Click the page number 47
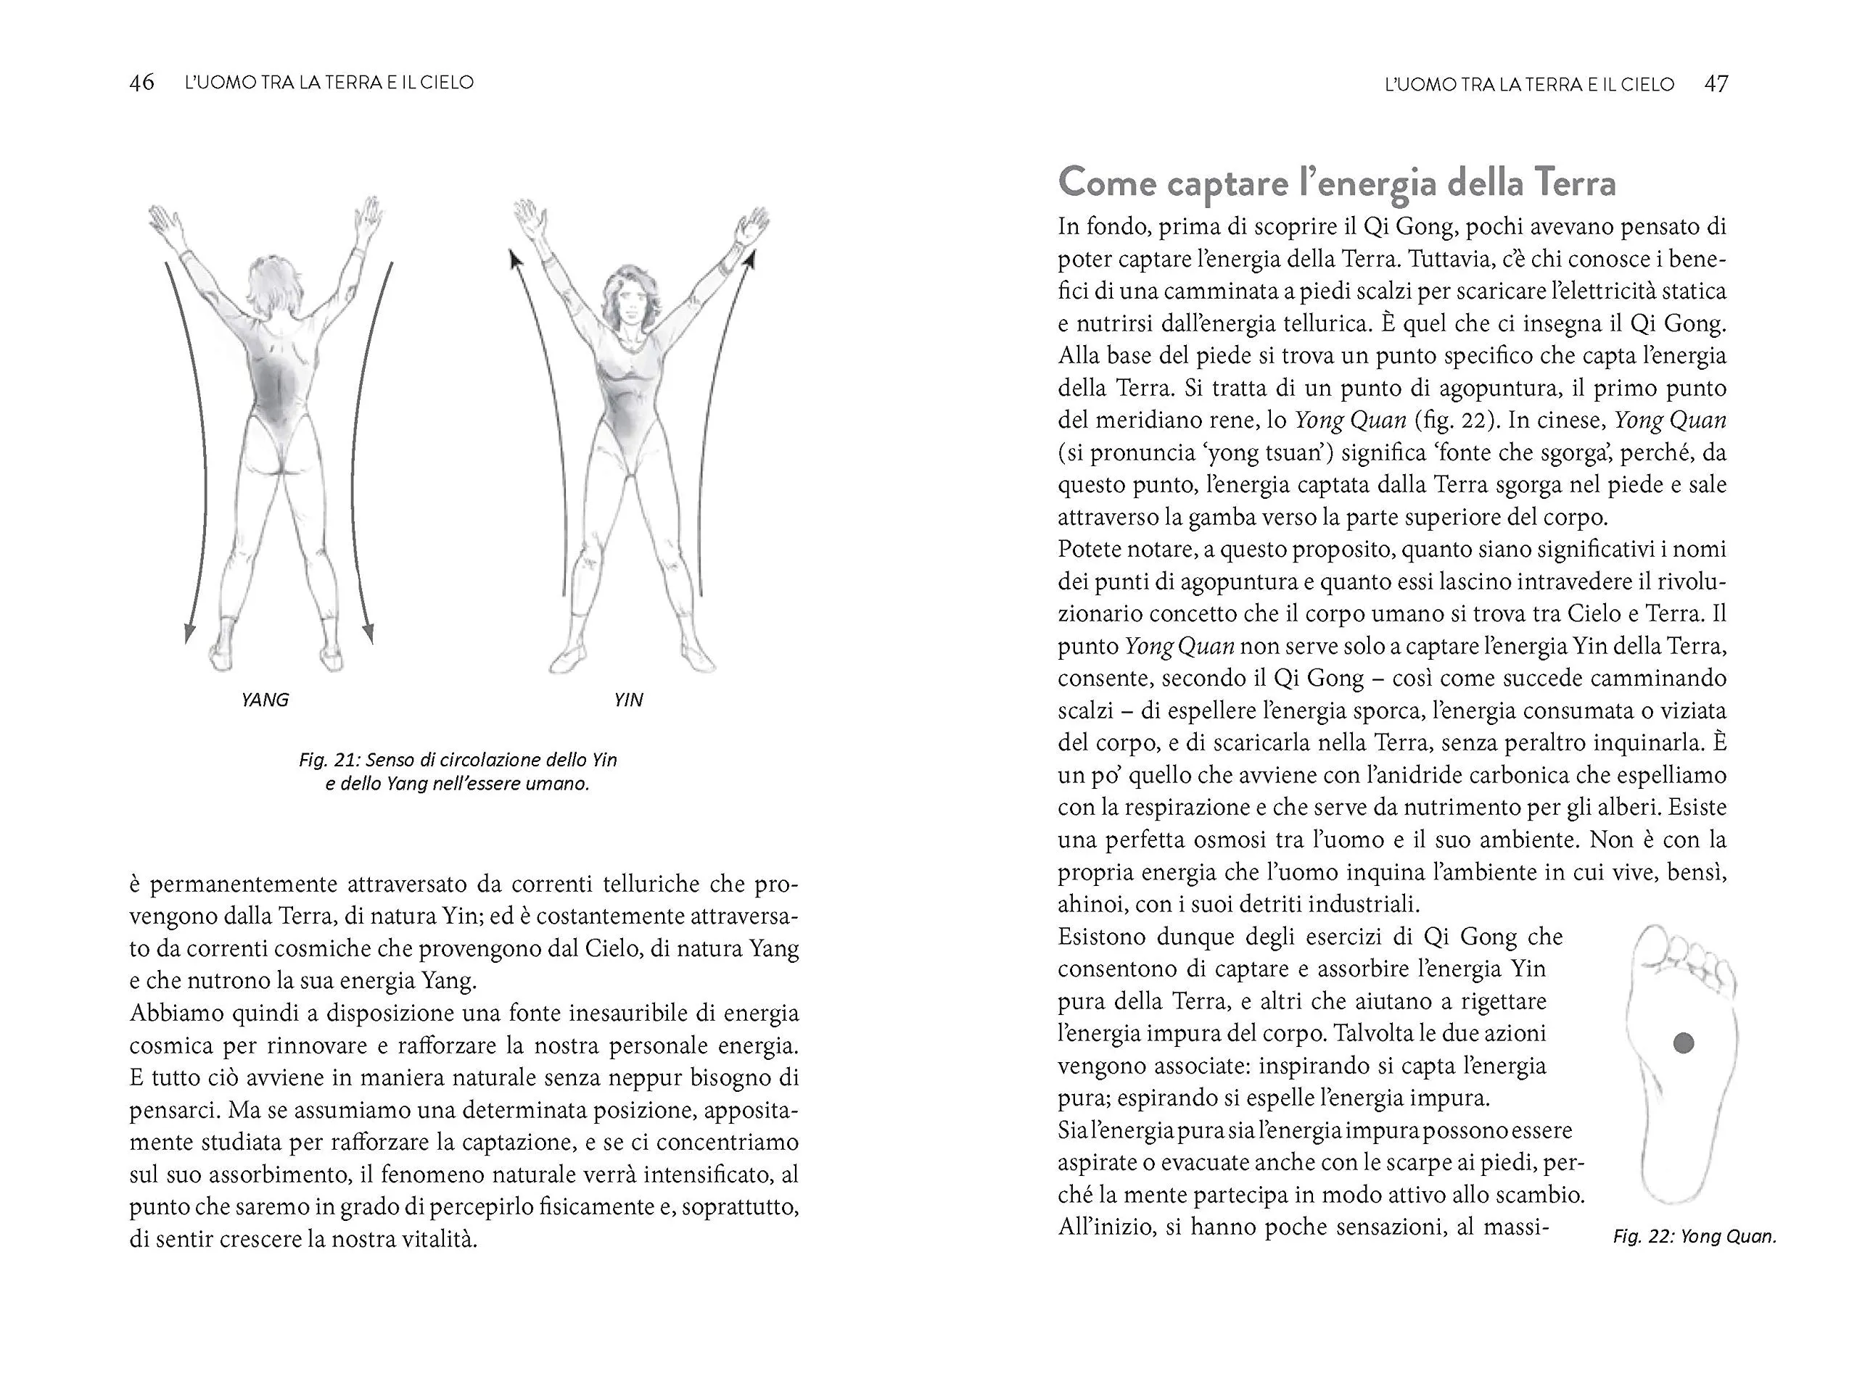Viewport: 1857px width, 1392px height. tap(1716, 84)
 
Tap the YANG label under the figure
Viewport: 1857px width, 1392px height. tap(265, 700)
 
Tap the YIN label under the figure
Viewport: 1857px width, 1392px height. tap(628, 700)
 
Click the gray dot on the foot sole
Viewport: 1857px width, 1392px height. tap(1683, 1043)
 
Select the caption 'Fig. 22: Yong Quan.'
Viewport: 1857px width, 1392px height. tap(1694, 1237)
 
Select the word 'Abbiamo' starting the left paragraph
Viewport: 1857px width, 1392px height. tap(175, 1014)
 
